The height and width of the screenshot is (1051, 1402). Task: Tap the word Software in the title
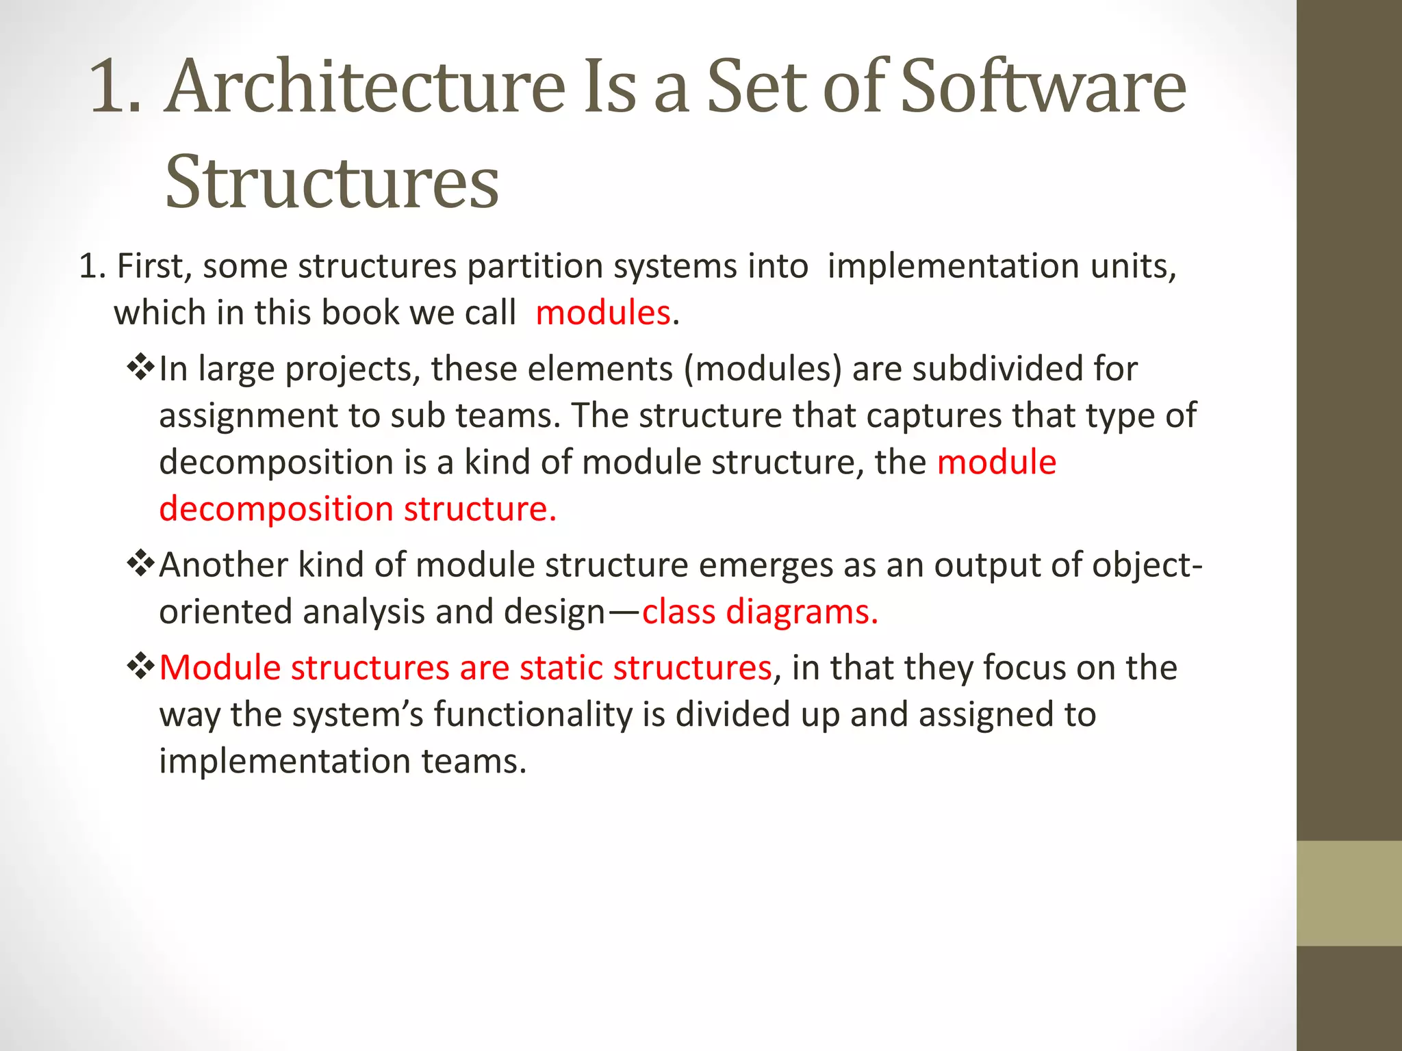1043,87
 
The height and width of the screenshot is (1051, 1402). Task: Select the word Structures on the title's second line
332,183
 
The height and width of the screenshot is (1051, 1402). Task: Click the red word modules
602,313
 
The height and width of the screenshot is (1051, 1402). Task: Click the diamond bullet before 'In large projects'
140,368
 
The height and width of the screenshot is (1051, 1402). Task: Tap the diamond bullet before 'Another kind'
140,565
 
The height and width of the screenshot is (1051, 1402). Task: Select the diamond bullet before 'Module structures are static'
140,666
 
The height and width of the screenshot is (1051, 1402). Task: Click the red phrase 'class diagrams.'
760,612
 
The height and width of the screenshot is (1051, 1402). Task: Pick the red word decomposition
276,510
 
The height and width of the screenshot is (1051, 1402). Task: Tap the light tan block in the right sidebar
1349,893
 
